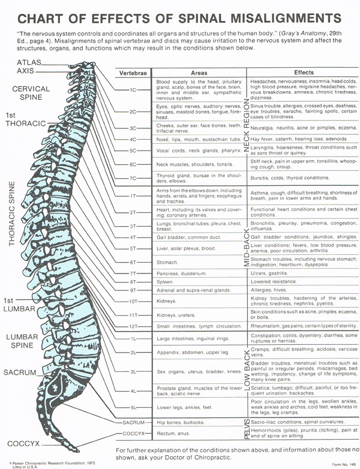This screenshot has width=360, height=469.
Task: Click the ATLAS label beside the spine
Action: pos(30,62)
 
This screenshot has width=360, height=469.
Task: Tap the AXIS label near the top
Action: pos(26,71)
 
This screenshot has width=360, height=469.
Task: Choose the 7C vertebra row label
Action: pos(134,178)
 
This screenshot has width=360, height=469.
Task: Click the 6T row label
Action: pos(134,261)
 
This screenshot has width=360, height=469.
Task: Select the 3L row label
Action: pos(134,372)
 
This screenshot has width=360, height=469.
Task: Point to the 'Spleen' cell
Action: pos(165,281)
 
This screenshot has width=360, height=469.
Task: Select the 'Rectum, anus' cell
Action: pos(172,432)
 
